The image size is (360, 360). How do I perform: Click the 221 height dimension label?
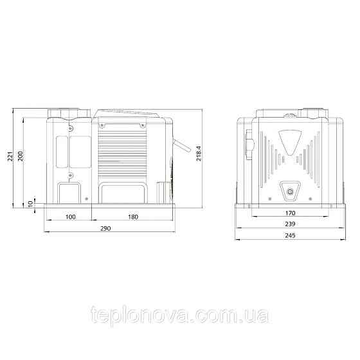[10, 156]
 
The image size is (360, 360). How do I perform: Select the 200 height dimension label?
[21, 156]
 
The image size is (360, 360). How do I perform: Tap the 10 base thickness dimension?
[31, 203]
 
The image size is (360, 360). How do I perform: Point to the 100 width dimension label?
[71, 217]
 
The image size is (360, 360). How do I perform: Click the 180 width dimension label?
[133, 217]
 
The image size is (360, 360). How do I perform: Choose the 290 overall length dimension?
[105, 228]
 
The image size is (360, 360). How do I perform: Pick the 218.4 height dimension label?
[199, 154]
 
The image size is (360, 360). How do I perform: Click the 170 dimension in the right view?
[290, 213]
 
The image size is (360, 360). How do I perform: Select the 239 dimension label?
[290, 224]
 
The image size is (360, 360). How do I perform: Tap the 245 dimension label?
[290, 235]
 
